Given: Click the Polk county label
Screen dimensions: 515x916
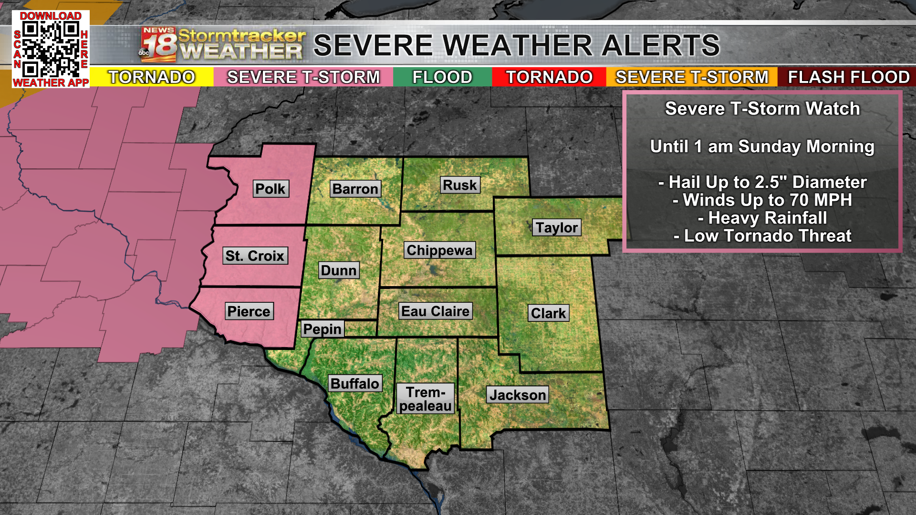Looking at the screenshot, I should point(270,189).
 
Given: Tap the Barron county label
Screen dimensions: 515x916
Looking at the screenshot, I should point(355,189).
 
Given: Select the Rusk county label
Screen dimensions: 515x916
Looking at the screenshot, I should point(459,185).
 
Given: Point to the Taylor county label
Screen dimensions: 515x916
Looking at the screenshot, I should point(556,227).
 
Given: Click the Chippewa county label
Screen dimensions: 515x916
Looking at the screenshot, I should point(439,250).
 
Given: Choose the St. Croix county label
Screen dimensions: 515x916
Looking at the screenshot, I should point(255,256).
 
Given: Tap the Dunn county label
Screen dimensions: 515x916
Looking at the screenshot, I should point(339,270).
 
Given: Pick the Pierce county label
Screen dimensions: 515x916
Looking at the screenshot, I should point(249,311).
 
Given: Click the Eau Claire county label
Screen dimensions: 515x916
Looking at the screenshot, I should point(435,311).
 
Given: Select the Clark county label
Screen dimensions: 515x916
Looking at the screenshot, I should point(548,313).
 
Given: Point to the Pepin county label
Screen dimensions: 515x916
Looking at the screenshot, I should point(323,329).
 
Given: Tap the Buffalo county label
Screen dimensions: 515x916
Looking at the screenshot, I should point(354,383).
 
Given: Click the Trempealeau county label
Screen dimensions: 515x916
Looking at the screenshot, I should point(425,399).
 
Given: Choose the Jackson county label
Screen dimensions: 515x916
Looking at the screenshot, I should point(518,395).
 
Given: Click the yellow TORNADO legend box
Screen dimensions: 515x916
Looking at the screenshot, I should point(152,77).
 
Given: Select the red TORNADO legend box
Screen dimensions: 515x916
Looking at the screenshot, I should point(549,77).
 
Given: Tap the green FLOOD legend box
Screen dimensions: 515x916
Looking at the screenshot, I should point(442,77).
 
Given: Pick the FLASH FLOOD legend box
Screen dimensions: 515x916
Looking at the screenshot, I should point(848,77).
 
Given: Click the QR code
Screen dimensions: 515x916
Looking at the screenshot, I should point(50,49).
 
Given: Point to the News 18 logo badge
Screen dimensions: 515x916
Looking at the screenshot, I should point(158,45).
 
